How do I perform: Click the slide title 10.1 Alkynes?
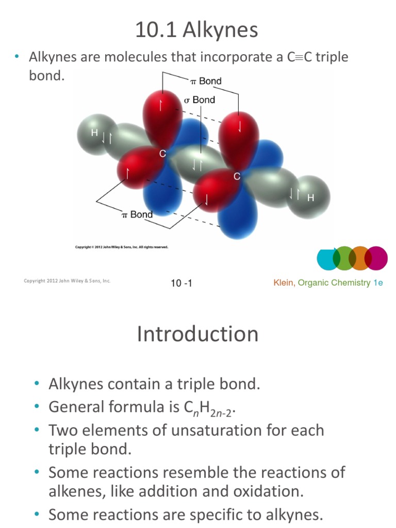pos(196,30)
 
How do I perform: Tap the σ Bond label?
pos(200,100)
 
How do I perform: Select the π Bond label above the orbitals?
pos(206,81)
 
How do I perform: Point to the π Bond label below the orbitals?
pos(137,214)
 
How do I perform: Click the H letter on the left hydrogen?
pos(94,133)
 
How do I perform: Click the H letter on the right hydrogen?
pos(310,197)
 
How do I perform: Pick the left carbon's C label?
pos(162,154)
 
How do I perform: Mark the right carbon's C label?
pos(237,177)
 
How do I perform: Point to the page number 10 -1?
pos(181,283)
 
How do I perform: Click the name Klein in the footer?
pos(284,283)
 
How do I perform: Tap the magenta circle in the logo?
pos(376,258)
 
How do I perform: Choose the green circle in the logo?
pos(344,258)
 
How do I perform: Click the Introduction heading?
pos(197,334)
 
